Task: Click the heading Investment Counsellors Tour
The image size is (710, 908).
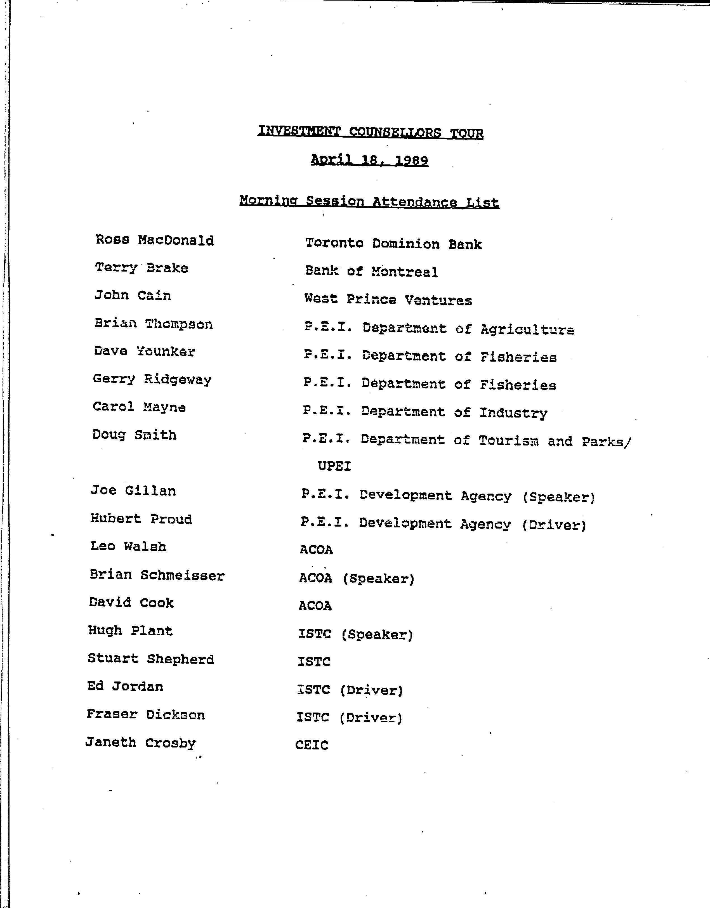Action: [x=370, y=132]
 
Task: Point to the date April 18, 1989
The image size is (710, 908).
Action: [x=369, y=160]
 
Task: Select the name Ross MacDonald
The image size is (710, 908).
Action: [x=155, y=240]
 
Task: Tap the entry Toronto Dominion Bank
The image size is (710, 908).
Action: [x=393, y=244]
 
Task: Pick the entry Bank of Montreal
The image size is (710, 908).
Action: [x=371, y=272]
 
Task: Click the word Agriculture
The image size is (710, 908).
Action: [x=527, y=330]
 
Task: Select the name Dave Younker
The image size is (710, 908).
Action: [x=144, y=351]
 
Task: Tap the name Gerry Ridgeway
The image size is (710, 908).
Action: [x=152, y=379]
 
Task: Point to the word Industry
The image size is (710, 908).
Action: [x=513, y=413]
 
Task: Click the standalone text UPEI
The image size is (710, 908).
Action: [x=334, y=466]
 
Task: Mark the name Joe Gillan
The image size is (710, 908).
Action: [x=133, y=490]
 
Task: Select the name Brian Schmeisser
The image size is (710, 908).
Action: [x=157, y=575]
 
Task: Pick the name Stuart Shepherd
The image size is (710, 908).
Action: [x=151, y=659]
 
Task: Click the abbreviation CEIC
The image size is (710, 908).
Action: [x=312, y=745]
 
